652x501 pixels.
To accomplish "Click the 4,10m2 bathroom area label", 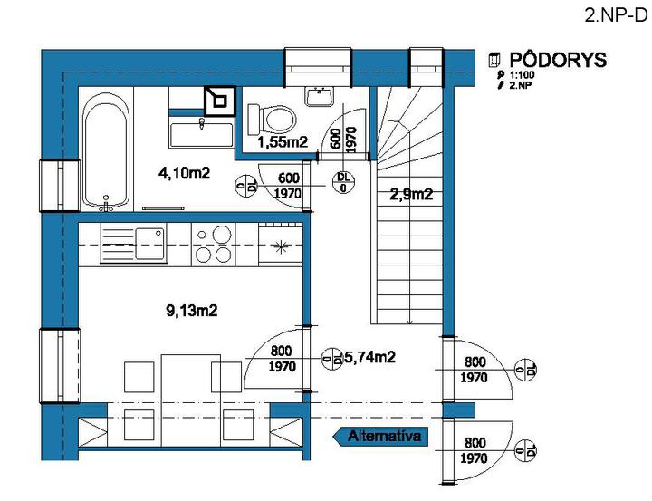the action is click(184, 173).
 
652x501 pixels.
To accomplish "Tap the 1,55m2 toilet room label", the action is click(283, 142).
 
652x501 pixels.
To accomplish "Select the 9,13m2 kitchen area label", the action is click(192, 311).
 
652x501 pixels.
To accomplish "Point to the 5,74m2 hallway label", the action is click(370, 357).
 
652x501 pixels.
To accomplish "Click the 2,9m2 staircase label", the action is click(411, 194).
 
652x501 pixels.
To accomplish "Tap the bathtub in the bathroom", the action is click(106, 150).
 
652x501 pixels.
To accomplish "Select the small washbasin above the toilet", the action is click(320, 97).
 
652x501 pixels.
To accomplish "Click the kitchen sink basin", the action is click(150, 244).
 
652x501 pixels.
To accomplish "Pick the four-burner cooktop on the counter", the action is click(214, 245).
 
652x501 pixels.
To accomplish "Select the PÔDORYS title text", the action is click(558, 60).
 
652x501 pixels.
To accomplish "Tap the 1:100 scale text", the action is click(522, 75).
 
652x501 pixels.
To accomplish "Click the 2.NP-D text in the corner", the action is click(616, 15).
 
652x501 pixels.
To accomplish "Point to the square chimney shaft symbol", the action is click(220, 101).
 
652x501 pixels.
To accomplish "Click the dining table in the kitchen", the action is click(191, 400).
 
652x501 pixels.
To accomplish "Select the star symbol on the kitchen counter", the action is click(281, 247).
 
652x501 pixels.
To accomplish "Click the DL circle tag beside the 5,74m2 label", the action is click(332, 359).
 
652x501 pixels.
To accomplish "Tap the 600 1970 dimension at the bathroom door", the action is click(289, 186).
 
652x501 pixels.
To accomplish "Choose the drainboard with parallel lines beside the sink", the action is click(118, 245).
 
